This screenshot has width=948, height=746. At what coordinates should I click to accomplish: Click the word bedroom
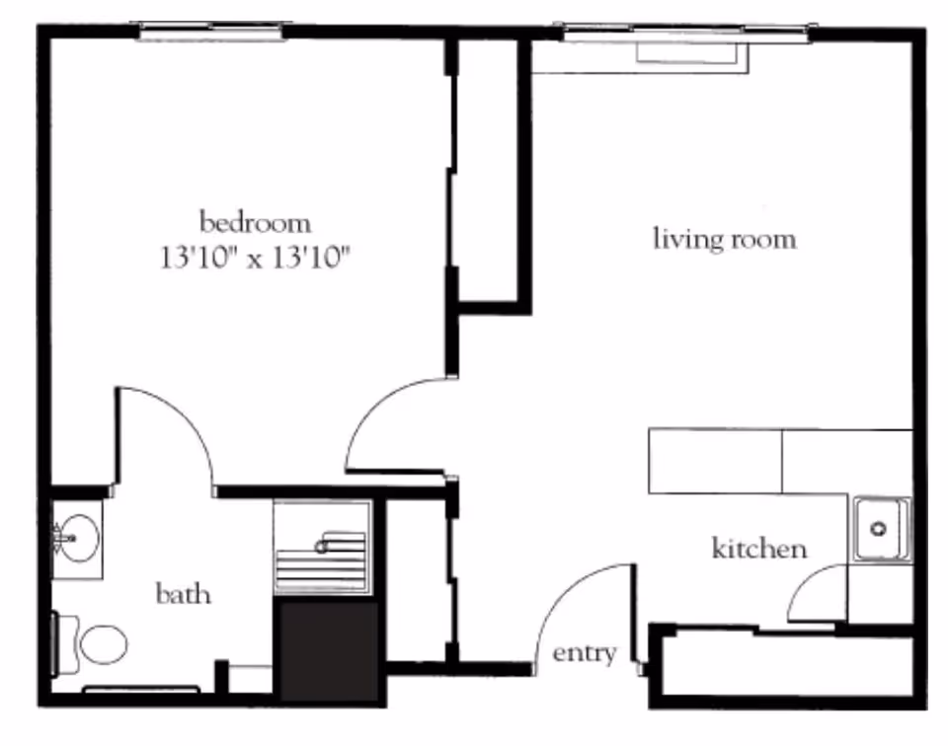[255, 220]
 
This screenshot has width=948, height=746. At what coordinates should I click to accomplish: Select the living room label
[724, 239]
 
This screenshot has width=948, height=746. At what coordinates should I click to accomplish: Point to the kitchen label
[759, 549]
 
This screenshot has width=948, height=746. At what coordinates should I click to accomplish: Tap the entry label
[584, 652]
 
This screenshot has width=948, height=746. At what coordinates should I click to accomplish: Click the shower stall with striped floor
[323, 548]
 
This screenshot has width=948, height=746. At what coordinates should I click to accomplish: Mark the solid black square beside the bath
[330, 651]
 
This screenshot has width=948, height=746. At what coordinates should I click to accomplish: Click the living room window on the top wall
[685, 35]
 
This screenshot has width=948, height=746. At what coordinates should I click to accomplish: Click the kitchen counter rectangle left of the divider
[715, 461]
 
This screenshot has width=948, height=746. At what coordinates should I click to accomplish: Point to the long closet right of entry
[785, 665]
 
